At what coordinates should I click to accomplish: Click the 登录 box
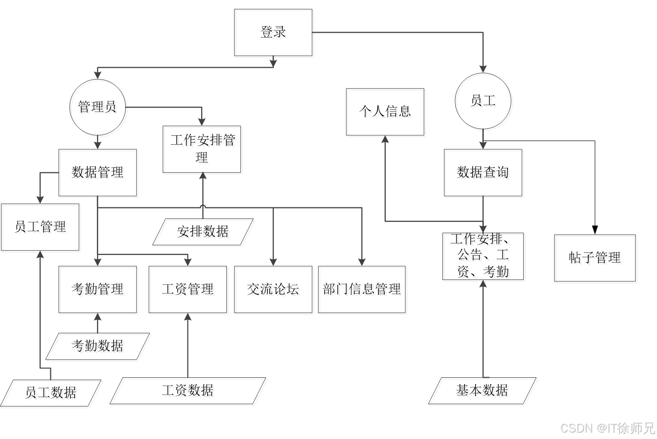coord(274,34)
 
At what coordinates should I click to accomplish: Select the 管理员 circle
coord(99,108)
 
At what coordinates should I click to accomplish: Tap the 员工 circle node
coord(484,102)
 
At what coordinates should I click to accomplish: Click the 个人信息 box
coord(386,113)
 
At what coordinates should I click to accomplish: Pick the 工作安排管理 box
coord(203,151)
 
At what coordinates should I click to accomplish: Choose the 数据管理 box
coord(99,174)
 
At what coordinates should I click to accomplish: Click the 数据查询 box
coord(484,174)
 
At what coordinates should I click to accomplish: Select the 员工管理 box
coord(41,228)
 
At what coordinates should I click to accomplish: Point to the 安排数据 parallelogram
coord(204,233)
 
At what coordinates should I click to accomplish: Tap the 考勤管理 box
coord(99,291)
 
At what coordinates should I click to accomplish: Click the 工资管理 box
coord(189,291)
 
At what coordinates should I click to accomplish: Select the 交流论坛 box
coord(274,291)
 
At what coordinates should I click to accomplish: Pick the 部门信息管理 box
coord(363,291)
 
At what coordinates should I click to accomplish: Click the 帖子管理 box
coord(596,259)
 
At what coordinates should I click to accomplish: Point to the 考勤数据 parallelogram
coord(99,347)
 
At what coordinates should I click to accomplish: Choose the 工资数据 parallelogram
coord(189,392)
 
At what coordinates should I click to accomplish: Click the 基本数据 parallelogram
coord(483,392)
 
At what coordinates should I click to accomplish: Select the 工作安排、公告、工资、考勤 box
coord(484,257)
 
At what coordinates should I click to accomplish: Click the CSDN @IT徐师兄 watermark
coord(607,427)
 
